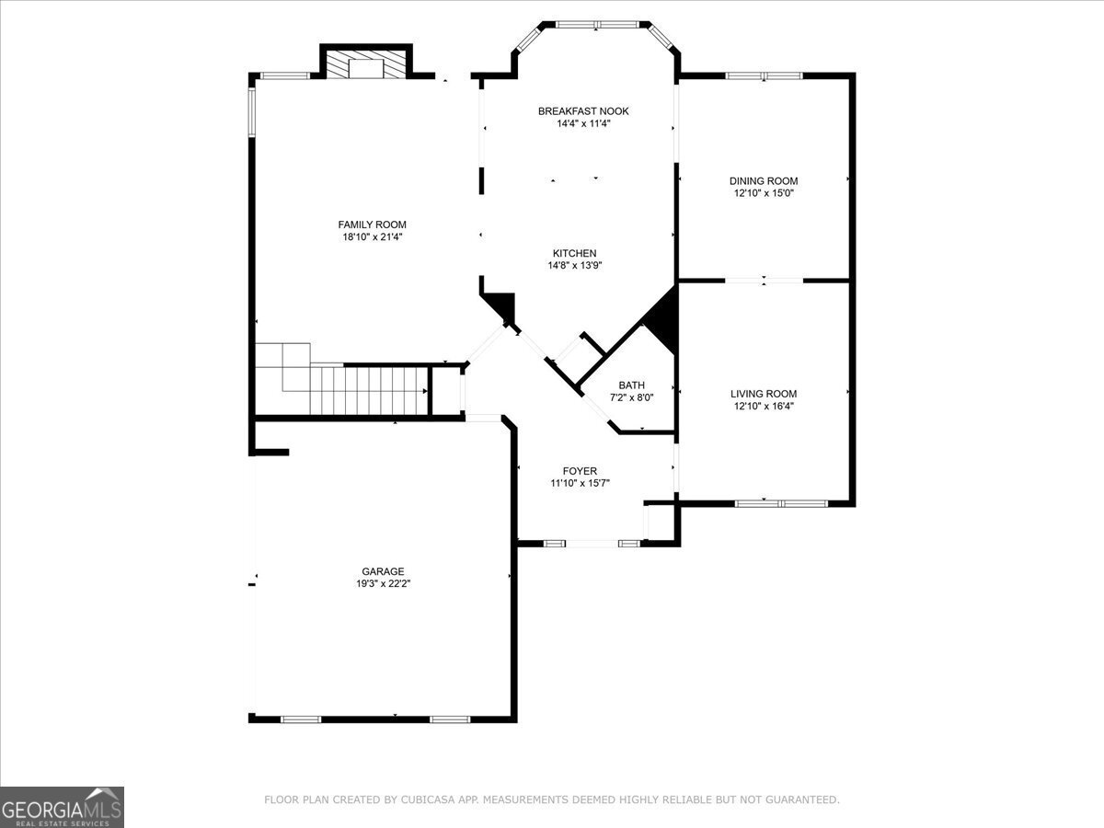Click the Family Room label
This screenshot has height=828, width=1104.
pos(372,224)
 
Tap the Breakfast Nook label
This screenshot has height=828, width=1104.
pos(583,111)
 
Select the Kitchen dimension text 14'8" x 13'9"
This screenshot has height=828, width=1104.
pos(575,266)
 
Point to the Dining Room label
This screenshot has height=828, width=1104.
pos(764,181)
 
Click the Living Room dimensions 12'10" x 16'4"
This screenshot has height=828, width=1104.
pos(764,406)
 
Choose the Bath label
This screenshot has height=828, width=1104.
pos(631,385)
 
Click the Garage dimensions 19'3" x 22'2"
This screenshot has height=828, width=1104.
pos(382,583)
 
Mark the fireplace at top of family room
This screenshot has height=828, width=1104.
pos(365,65)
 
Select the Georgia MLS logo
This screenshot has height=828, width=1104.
pos(62,807)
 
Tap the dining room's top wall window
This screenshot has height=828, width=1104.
pos(764,75)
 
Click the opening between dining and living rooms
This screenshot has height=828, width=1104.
pos(764,280)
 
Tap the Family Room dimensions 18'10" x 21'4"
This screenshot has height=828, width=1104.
pos(372,237)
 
